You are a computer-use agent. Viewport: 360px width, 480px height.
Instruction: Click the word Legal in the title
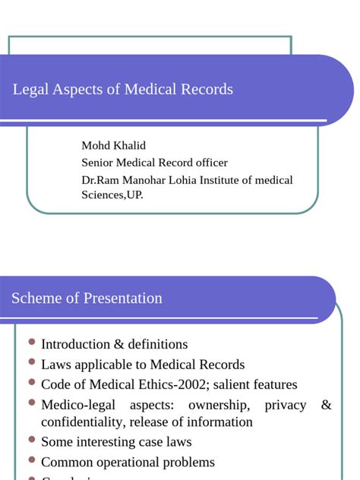pos(30,90)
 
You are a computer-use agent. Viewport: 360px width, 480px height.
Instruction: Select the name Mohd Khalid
pos(114,145)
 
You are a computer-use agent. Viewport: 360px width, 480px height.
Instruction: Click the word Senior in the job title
pos(98,163)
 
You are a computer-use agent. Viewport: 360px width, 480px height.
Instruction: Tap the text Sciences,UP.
pos(112,194)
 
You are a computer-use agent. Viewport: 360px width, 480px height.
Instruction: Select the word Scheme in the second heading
pos(36,298)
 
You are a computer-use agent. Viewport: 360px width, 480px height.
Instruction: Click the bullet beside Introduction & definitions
pos(30,343)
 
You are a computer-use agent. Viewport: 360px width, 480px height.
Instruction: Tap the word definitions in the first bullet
pos(150,345)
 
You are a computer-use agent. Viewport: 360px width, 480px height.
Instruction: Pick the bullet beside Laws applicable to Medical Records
pos(30,362)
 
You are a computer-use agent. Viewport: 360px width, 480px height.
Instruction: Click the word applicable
pos(111,365)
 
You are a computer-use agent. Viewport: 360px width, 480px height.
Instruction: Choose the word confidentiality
pos(82,422)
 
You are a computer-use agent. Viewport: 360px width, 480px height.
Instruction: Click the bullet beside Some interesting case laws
pos(30,440)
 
